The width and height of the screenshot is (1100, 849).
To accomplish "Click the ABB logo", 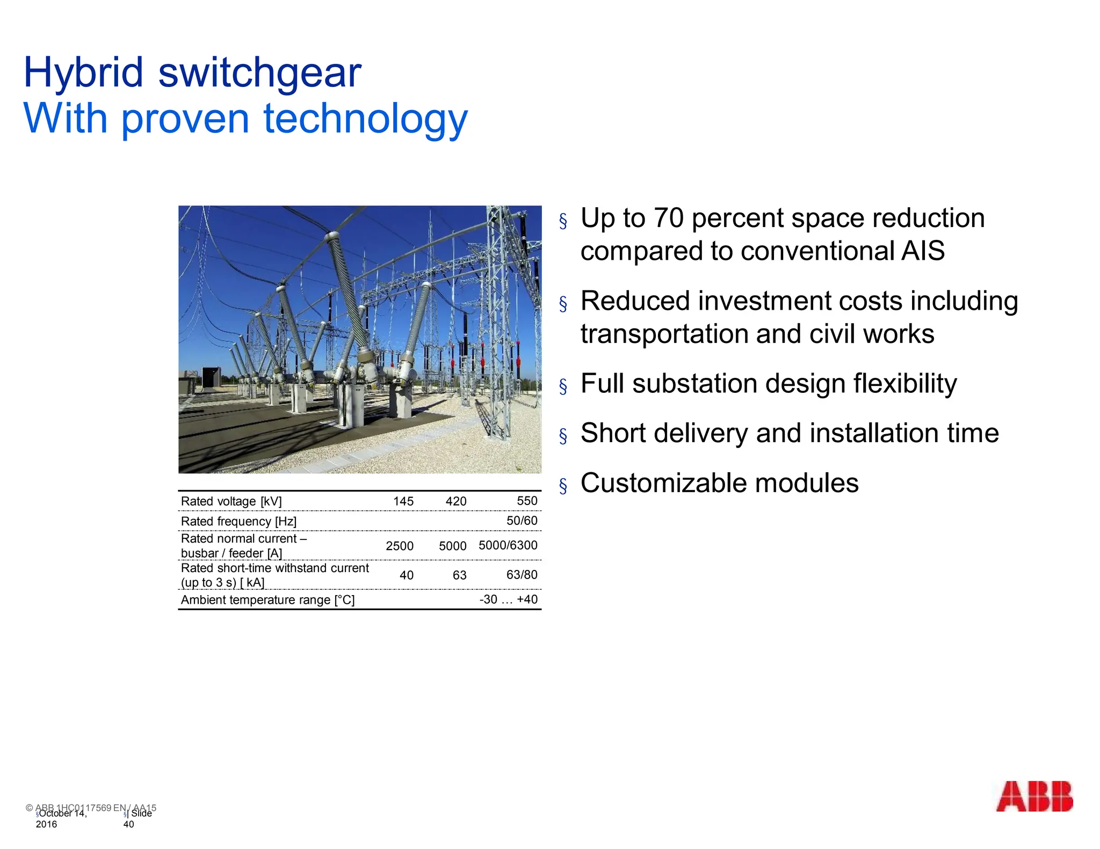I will pos(1034,796).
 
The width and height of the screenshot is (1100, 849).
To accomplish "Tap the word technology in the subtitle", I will pos(365,119).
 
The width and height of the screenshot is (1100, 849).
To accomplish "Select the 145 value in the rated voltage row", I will pos(403,501).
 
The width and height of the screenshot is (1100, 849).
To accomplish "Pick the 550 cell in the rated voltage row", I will pos(527,501).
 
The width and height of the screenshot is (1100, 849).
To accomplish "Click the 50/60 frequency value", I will pos(522,521).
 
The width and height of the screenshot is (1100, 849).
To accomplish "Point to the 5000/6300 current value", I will pos(508,545).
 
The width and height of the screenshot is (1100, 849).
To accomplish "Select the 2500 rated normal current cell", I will pos(400,546).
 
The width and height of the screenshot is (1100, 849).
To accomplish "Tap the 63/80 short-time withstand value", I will pos(522,575).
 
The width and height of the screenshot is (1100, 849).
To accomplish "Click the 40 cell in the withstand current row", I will pos(407,575).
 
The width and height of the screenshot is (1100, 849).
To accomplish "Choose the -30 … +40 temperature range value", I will pos(508,599).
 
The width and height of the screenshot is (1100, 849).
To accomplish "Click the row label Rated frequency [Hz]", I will pos(238,521).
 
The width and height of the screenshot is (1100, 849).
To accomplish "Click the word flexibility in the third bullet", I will pos(904,384).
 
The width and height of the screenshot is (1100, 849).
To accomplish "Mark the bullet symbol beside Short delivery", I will pos(563,436).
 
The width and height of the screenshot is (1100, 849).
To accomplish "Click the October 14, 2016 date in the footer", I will pos(60,818).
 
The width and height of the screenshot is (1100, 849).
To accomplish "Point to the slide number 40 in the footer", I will pos(128,824).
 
